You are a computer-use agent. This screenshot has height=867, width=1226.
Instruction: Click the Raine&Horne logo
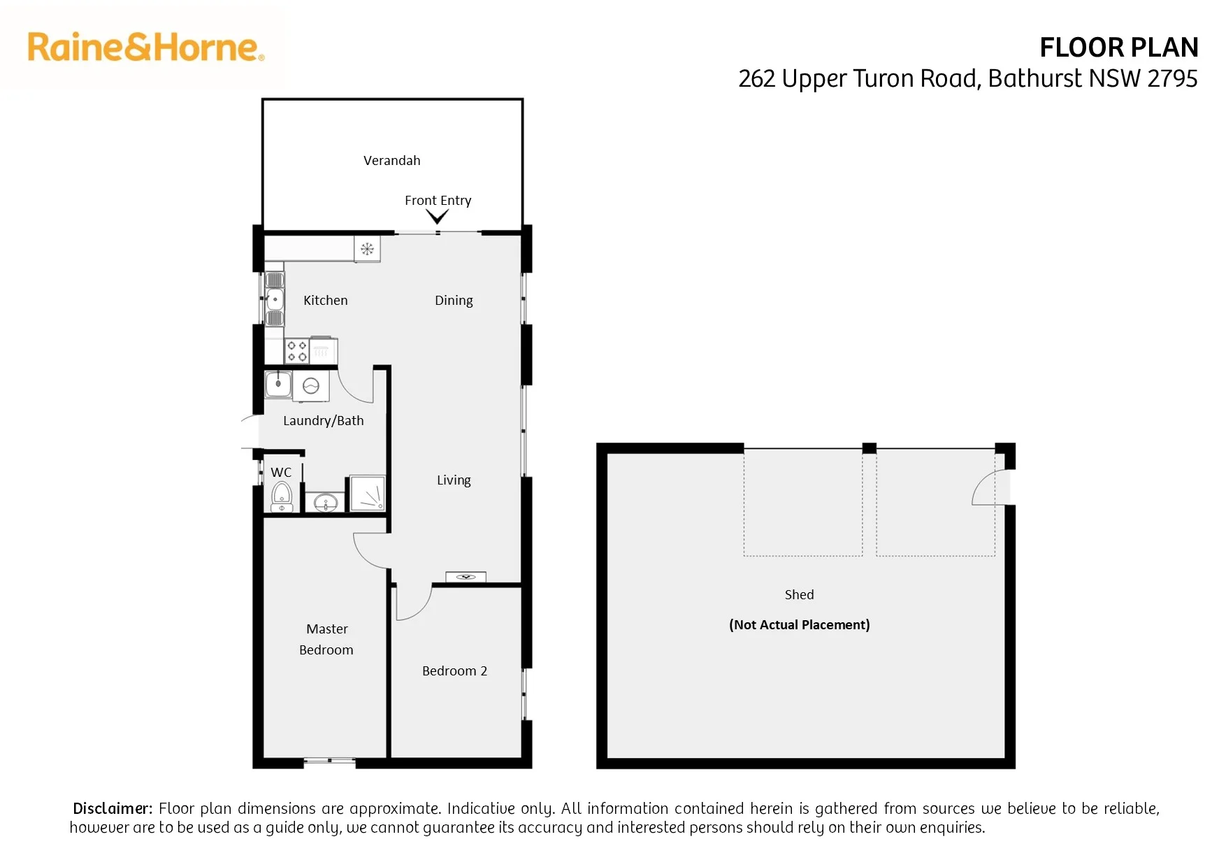pos(145,47)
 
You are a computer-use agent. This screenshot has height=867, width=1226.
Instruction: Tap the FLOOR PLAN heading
pos(1118,48)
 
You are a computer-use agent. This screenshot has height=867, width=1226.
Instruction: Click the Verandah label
pos(392,160)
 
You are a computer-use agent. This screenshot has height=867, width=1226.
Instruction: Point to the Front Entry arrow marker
pos(438,217)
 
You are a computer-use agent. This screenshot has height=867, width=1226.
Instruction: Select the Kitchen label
pos(326,300)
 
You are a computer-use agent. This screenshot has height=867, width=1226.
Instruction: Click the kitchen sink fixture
pos(275,299)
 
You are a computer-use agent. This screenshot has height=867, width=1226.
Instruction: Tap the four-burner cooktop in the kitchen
pos(297,351)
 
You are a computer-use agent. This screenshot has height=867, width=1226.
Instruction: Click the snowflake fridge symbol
pos(367,249)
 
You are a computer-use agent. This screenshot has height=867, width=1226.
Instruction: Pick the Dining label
pos(454,300)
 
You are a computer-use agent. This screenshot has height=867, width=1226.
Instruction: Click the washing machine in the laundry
pos(310,385)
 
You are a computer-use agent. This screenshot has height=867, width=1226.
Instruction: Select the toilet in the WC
pos(282,496)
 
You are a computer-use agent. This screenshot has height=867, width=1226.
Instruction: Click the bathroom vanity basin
pos(326,502)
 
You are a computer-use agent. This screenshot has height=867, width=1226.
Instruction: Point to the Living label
pos(454,480)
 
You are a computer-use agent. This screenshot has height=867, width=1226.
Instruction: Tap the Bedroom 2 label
pos(454,671)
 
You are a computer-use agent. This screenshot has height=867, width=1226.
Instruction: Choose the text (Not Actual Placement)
pos(800,624)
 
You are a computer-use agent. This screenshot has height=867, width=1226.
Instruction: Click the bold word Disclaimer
pos(113,808)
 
